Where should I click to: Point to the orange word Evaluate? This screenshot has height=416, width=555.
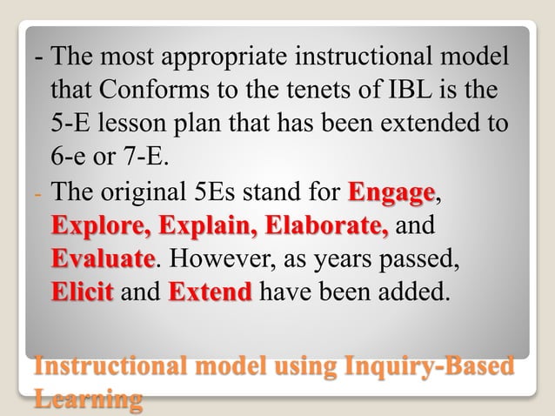[x=103, y=259]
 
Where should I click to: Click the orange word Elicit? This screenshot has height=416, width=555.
[x=82, y=292]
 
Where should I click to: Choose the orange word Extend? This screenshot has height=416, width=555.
[x=210, y=292]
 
